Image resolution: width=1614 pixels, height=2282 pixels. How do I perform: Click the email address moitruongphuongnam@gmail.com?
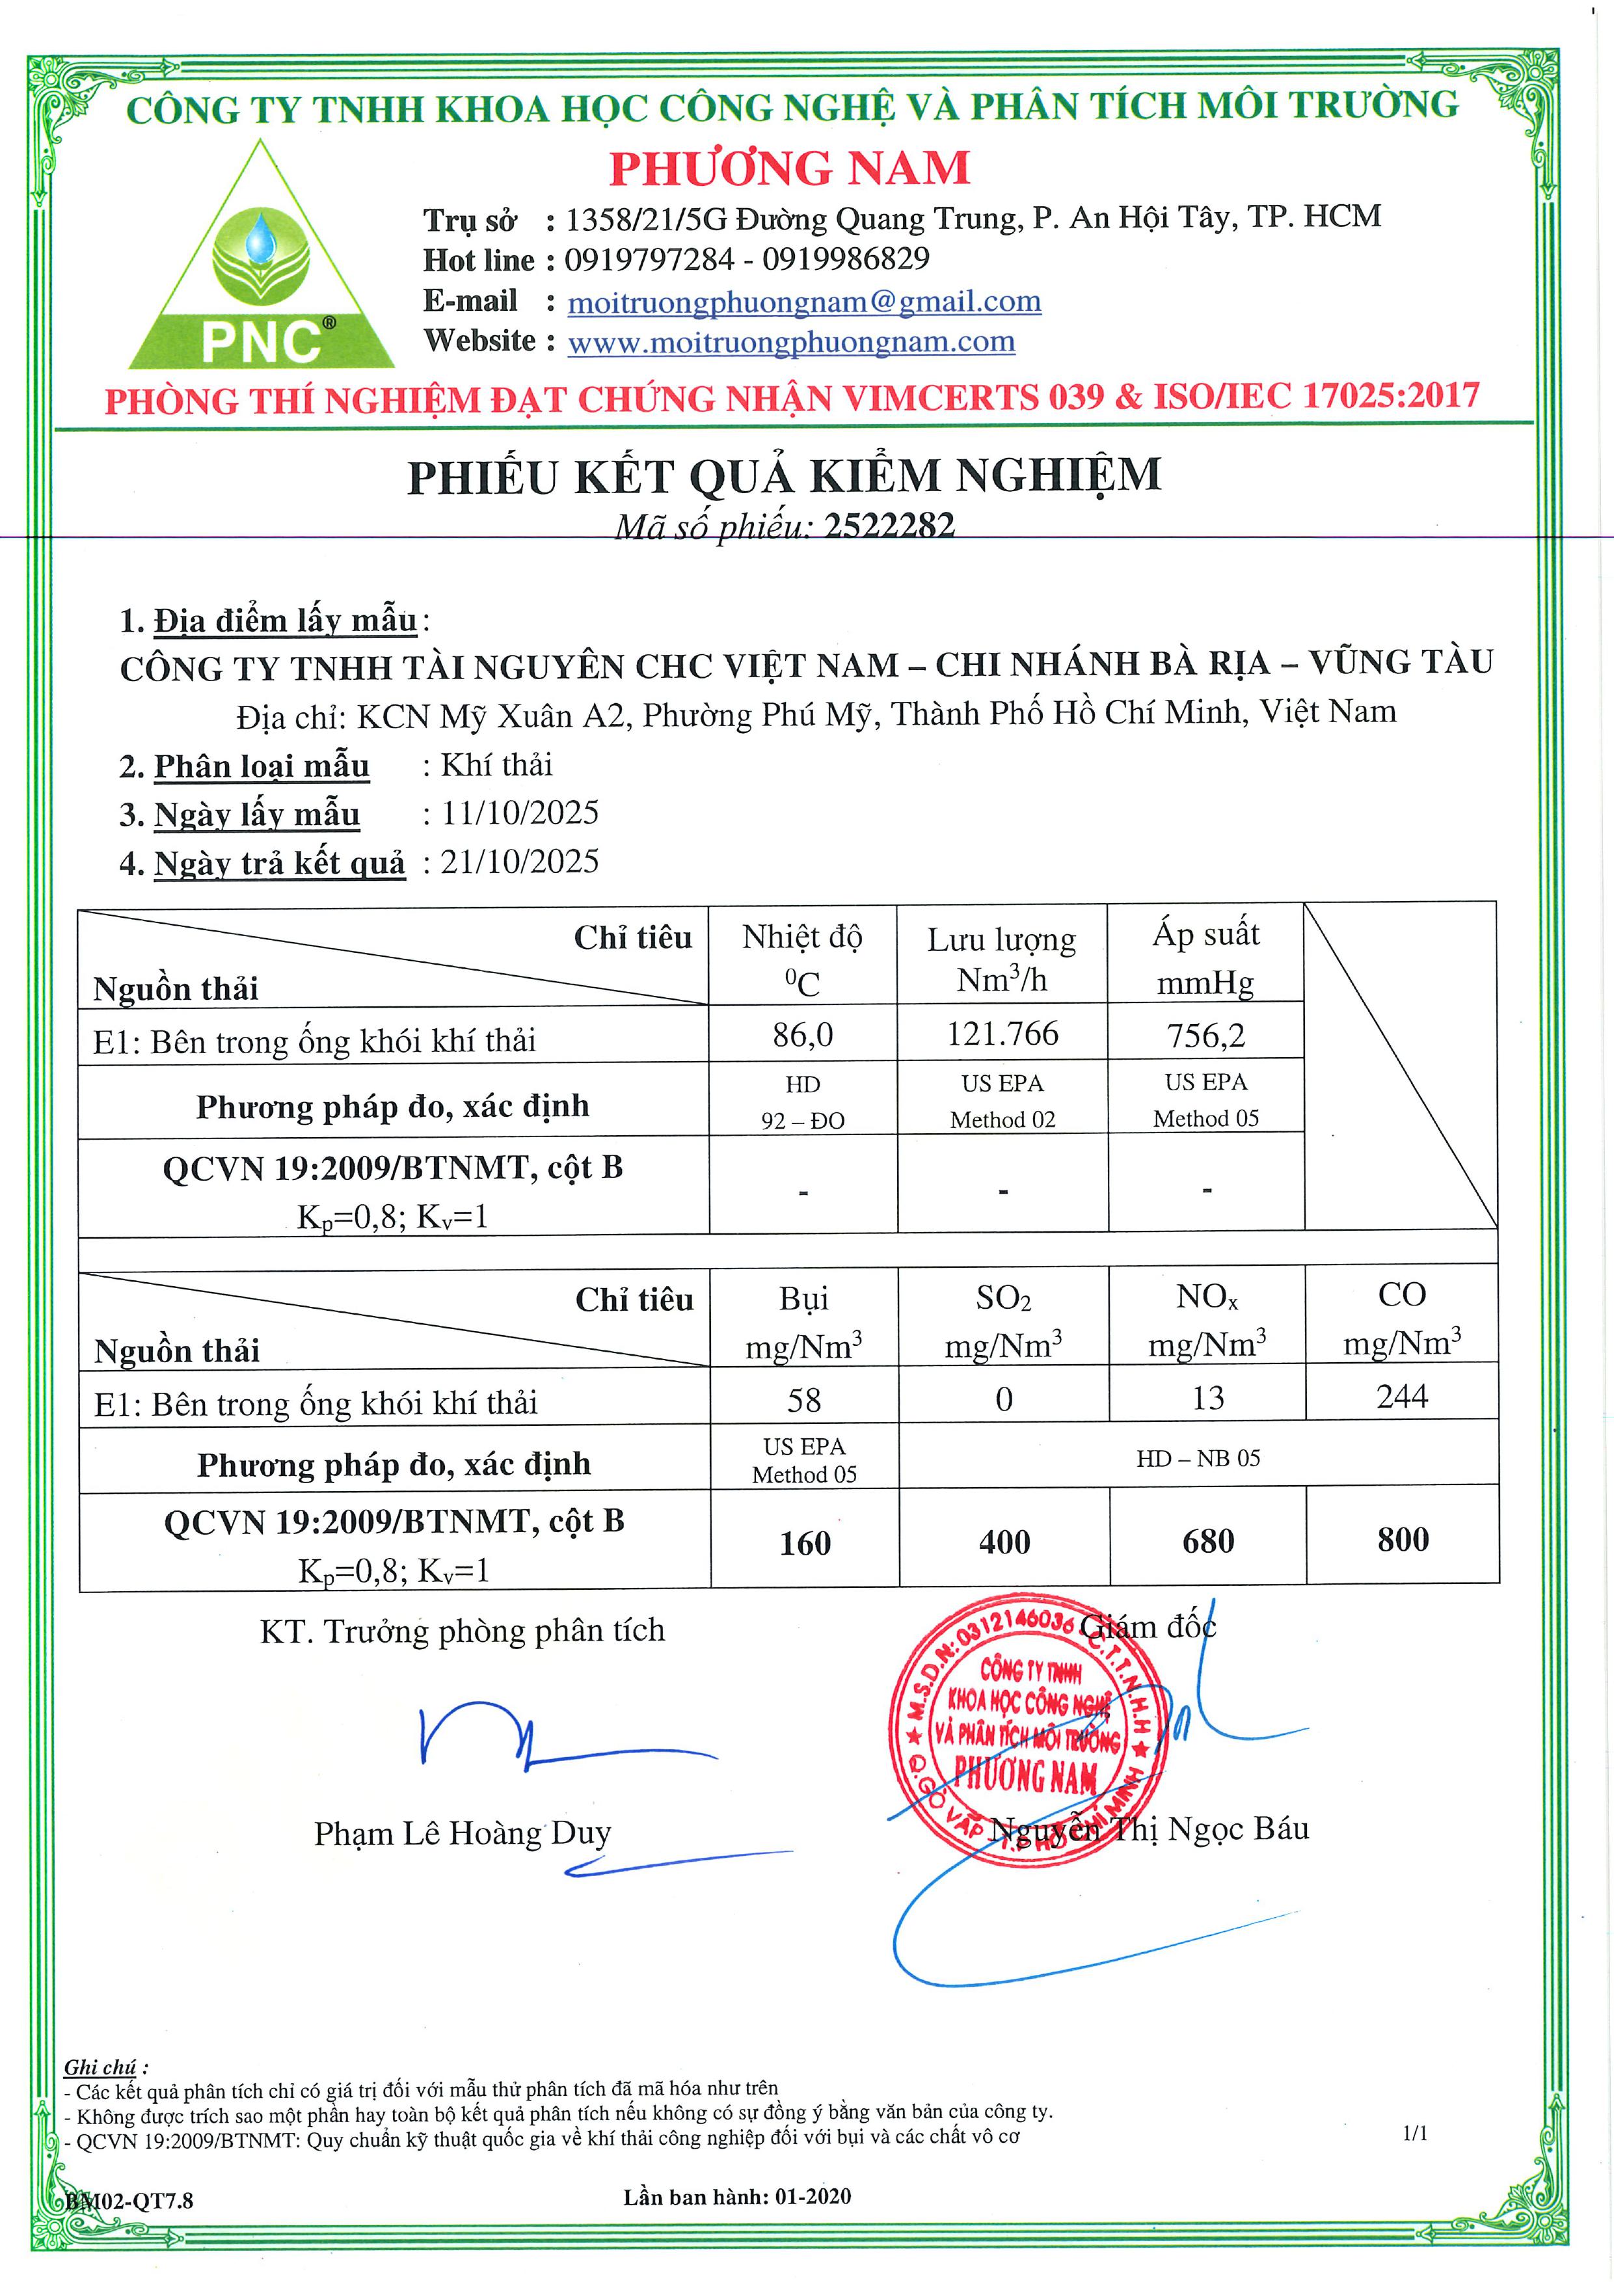tap(804, 301)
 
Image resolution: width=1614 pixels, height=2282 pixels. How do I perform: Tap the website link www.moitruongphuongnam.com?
tap(791, 342)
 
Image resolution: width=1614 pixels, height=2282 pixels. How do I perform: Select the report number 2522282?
tap(889, 525)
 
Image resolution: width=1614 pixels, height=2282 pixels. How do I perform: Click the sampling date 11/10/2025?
tap(520, 813)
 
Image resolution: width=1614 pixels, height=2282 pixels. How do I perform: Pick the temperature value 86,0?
tap(803, 1035)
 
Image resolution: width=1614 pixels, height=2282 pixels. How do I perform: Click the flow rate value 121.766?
tap(1002, 1034)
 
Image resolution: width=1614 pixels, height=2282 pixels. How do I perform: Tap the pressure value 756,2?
tap(1205, 1035)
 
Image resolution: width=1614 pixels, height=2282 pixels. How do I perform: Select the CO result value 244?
tap(1401, 1397)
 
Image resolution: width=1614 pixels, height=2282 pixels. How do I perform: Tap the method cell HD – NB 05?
tap(1198, 1458)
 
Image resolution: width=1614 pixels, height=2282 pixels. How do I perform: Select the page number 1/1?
tap(1415, 2133)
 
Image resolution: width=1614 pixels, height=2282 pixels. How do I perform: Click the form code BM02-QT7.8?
tap(130, 2201)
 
